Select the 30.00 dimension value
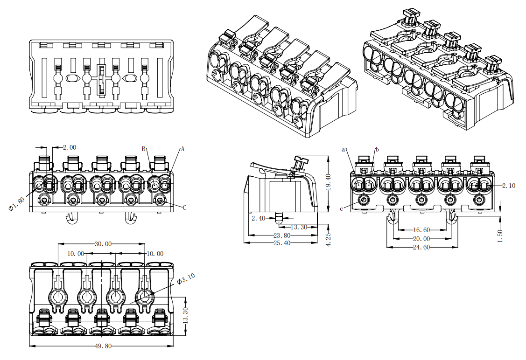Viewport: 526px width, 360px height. [103, 244]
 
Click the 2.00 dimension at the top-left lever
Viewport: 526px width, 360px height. [69, 147]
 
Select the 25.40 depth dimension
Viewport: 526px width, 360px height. [281, 243]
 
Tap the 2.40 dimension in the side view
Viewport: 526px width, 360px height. [258, 218]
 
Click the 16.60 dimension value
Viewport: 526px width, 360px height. [421, 230]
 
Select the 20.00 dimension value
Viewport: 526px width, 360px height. [421, 238]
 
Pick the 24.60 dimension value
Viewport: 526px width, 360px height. [421, 247]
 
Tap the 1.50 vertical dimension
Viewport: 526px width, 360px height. [500, 235]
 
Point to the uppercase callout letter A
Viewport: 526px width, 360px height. [183, 149]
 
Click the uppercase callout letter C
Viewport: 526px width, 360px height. [184, 208]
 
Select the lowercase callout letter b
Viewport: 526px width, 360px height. [377, 149]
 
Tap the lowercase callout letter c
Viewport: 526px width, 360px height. [342, 208]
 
